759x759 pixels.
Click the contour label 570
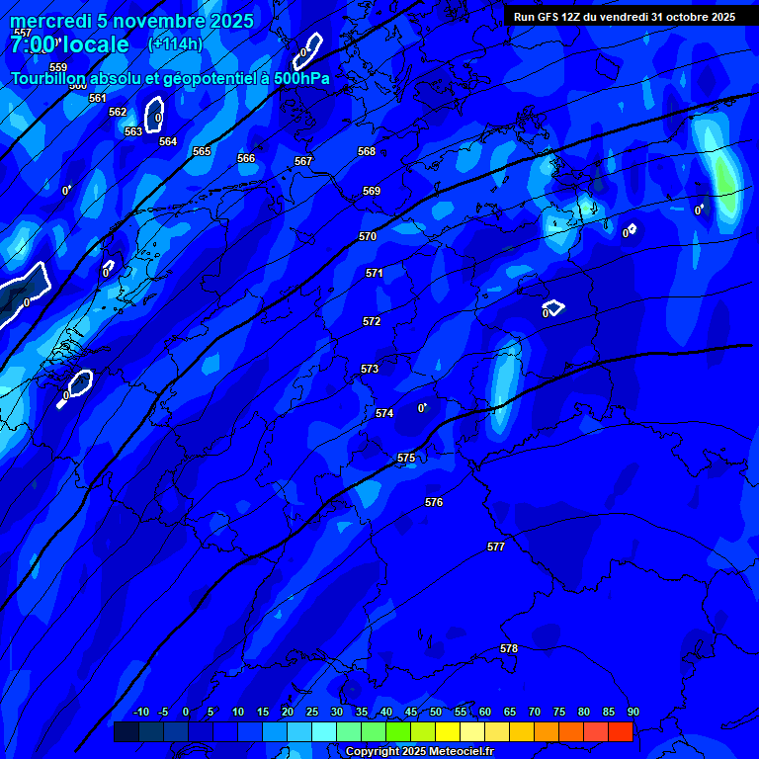(368, 237)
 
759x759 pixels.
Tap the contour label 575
(406, 459)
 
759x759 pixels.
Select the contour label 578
(509, 649)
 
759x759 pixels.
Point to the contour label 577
(496, 547)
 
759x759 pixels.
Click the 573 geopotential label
(370, 370)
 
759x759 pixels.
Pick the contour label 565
(202, 151)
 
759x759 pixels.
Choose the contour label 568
(367, 151)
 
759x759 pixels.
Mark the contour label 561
(98, 98)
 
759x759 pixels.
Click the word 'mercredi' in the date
(51, 21)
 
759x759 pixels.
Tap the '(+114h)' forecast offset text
(175, 43)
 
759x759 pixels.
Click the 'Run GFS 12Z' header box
(625, 17)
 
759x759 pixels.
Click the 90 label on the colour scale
(632, 713)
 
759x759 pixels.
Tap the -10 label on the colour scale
(141, 713)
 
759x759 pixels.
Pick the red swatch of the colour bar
(621, 732)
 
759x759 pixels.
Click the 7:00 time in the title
(32, 45)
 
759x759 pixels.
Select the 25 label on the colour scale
(312, 713)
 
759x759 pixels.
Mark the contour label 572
(372, 322)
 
